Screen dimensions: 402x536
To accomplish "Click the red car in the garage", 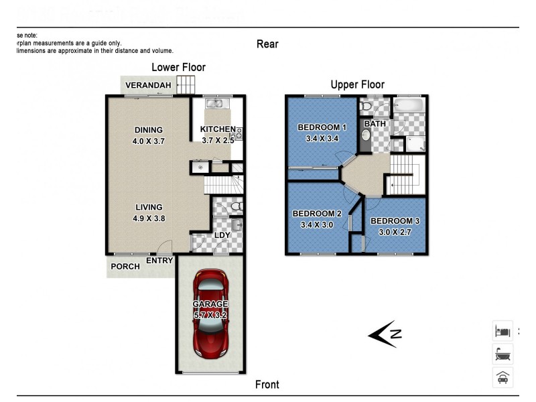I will (x=212, y=314).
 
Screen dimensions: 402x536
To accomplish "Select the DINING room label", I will (x=149, y=130).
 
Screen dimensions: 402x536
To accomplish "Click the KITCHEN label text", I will (x=218, y=129).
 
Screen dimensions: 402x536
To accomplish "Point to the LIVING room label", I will (x=149, y=207).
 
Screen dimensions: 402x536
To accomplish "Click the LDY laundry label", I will (x=222, y=235).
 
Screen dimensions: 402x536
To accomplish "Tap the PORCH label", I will (x=125, y=267).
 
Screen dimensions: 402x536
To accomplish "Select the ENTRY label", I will (x=159, y=261).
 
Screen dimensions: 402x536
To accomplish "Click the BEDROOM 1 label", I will (x=322, y=127).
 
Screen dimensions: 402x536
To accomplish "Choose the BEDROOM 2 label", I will (x=317, y=214).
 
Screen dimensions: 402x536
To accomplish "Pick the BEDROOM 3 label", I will (x=395, y=221).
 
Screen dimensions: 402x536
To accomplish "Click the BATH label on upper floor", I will (x=375, y=124).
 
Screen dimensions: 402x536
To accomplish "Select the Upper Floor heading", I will (x=357, y=84).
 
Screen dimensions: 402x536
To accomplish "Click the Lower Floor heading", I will (x=178, y=67).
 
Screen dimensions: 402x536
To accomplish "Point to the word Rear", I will (x=267, y=44).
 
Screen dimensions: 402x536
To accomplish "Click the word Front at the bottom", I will (x=267, y=385).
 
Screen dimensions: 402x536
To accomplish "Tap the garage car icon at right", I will (x=503, y=377).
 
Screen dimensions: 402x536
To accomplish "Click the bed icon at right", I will (x=503, y=330).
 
